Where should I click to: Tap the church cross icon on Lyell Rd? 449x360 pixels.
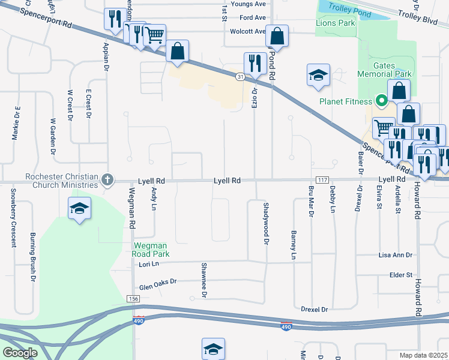tap(107, 180)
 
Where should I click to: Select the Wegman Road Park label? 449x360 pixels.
tap(151, 250)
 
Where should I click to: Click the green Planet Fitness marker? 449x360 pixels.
tap(380, 101)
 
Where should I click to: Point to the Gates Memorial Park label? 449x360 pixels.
tap(385, 70)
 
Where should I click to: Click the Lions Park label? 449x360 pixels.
tap(335, 23)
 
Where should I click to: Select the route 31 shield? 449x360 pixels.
tap(240, 76)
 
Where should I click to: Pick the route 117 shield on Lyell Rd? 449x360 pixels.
tap(322, 180)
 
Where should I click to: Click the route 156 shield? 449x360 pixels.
tap(133, 299)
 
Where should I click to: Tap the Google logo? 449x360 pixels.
tap(20, 353)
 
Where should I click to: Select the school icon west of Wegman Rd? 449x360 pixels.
tap(79, 208)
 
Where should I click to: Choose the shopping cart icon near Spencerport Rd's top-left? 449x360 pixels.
tap(155, 36)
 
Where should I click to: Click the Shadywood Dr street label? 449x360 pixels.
tap(265, 223)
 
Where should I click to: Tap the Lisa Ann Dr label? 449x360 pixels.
tap(395, 255)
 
